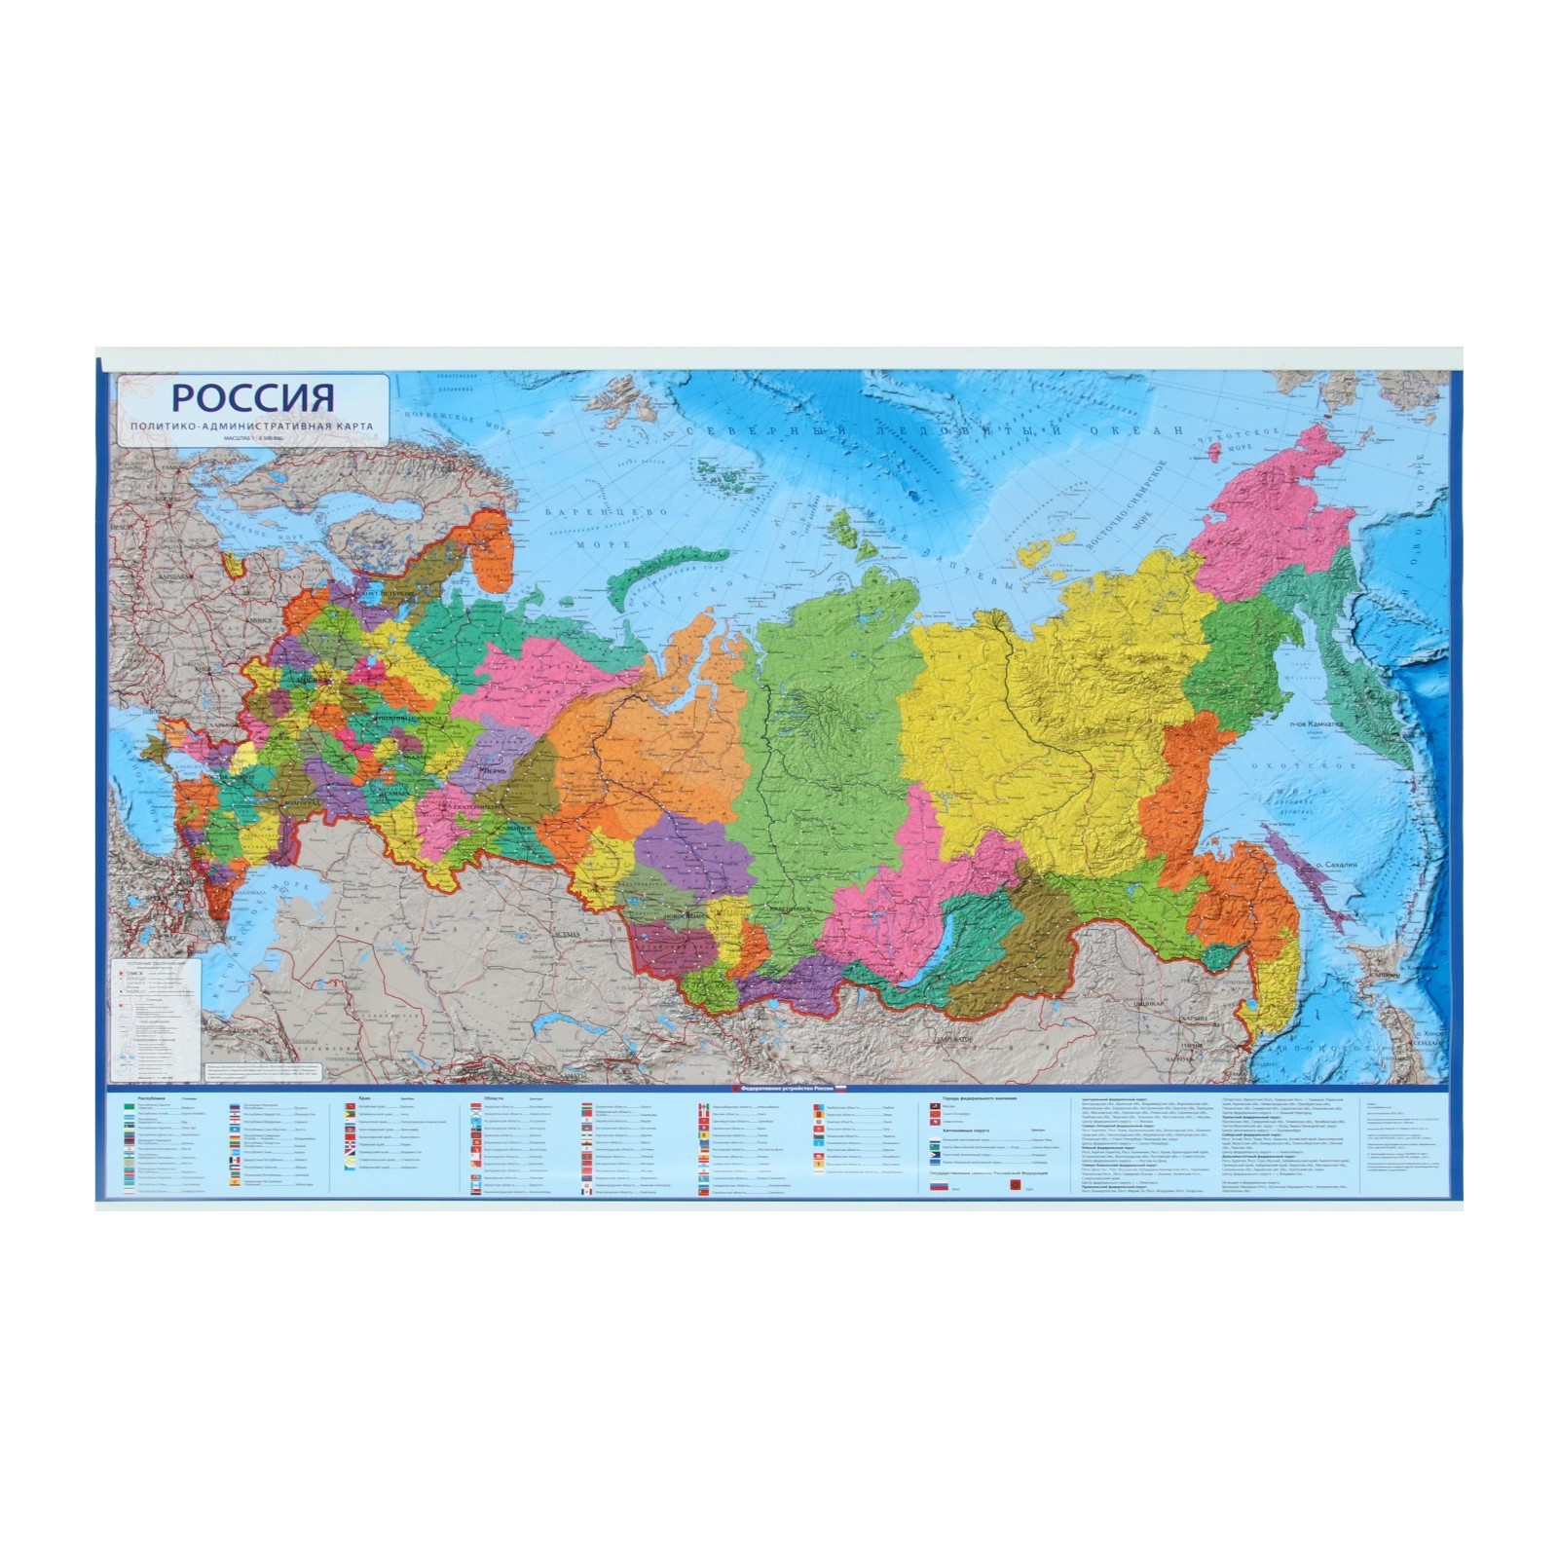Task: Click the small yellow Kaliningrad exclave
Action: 233,564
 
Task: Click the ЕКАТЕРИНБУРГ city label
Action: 476,807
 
